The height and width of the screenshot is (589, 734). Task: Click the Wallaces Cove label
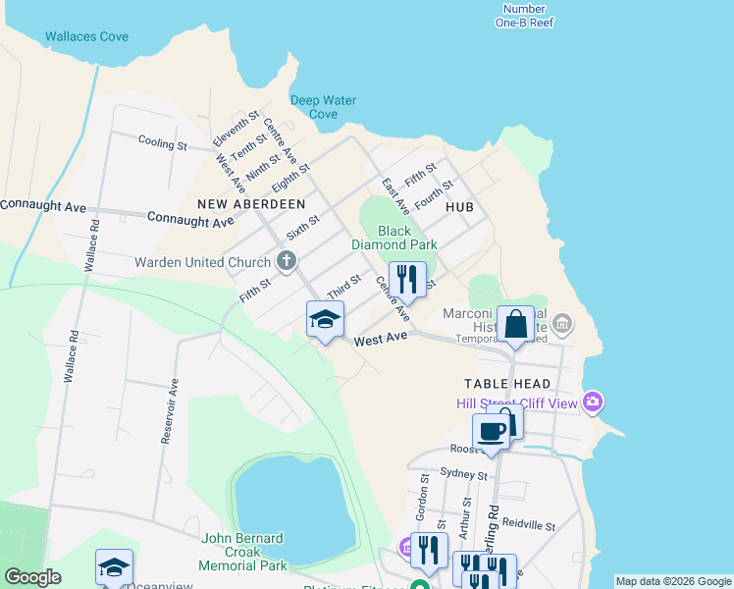point(86,37)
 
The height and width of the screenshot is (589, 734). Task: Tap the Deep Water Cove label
point(323,107)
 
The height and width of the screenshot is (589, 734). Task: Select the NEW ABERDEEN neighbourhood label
point(251,203)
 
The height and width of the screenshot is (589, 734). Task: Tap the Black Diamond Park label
point(394,238)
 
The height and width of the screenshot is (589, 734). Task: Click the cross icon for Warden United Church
point(287,261)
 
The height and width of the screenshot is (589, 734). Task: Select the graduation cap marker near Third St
point(326,319)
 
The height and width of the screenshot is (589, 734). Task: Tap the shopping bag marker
point(515,324)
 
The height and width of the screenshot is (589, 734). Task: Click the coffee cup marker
point(491,430)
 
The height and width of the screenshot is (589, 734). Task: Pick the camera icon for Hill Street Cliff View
point(592,402)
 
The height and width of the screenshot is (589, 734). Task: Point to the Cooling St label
point(163,143)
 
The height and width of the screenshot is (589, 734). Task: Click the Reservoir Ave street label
point(168,411)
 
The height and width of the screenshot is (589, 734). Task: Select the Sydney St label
point(464,474)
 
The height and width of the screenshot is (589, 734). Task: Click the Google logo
point(32,577)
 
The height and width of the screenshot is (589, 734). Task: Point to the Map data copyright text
point(672,581)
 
